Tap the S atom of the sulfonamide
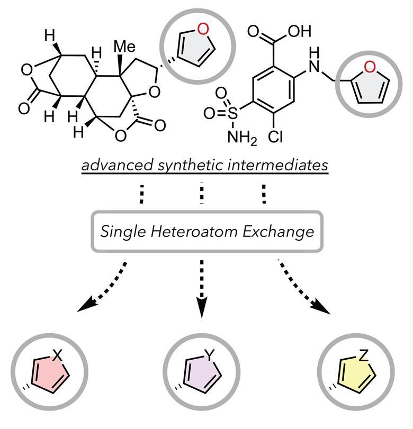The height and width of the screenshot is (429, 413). (x=232, y=113)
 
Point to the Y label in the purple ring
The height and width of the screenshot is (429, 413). (x=210, y=357)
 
